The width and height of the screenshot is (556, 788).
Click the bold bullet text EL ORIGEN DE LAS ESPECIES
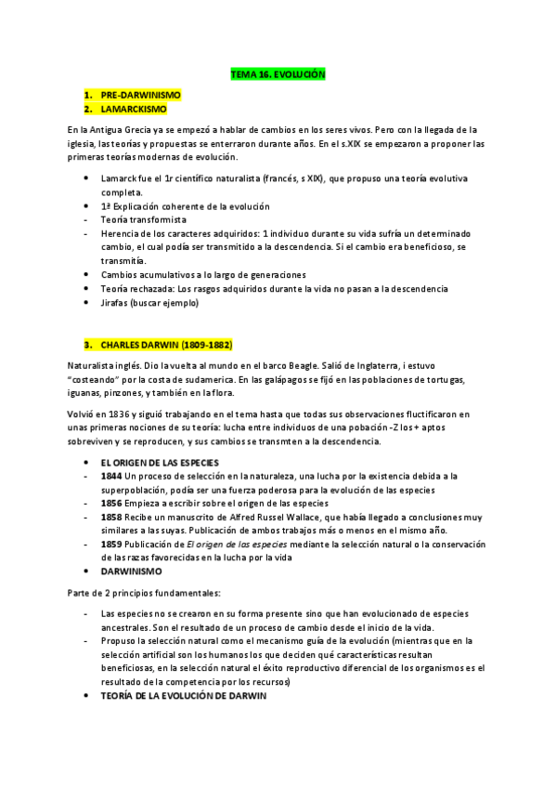pyautogui.click(x=158, y=462)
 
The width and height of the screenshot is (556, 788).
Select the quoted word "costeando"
pyautogui.click(x=98, y=382)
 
